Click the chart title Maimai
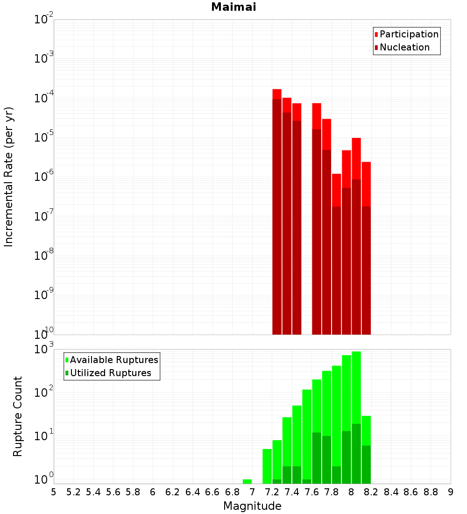[x=233, y=7]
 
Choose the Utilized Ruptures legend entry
[x=110, y=373]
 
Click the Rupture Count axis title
[x=18, y=416]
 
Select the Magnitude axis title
[x=252, y=506]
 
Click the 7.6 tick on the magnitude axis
[x=311, y=492]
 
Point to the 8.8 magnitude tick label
[x=431, y=492]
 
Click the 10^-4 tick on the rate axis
[x=44, y=99]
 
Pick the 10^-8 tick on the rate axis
[x=44, y=256]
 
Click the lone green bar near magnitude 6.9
[x=247, y=481]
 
